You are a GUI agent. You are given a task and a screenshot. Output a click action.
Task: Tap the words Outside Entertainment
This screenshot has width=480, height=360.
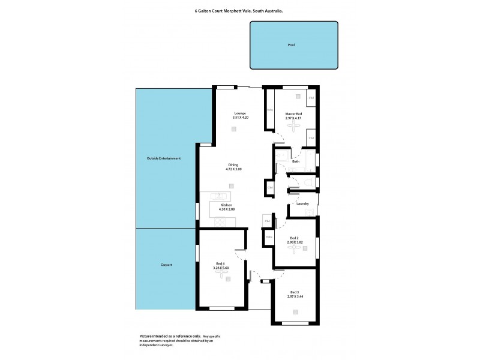click(x=163, y=158)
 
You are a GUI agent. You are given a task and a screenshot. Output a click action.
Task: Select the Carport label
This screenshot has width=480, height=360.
click(x=166, y=265)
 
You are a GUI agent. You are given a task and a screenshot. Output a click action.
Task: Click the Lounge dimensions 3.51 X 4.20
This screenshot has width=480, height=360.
click(x=240, y=117)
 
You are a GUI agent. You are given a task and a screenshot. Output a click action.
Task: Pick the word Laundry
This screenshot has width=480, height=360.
click(x=302, y=204)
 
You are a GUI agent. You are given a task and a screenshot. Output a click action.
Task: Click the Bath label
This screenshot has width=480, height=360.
click(x=295, y=162)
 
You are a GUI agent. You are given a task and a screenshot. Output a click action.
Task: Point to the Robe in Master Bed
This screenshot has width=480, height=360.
click(x=270, y=109)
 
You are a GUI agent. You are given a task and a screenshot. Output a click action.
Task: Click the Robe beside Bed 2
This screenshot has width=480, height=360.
click(x=268, y=237)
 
